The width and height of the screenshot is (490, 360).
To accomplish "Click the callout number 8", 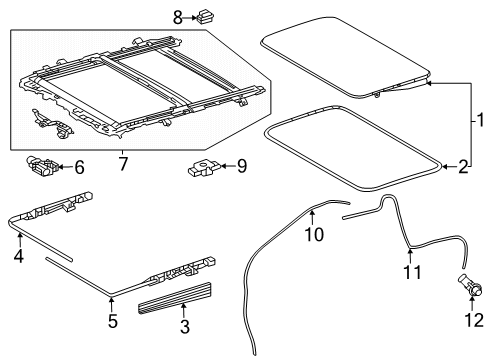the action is tap(178, 17).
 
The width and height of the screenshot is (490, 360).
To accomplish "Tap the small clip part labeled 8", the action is tap(205, 17).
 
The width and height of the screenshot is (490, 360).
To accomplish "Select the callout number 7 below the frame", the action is tap(123, 164).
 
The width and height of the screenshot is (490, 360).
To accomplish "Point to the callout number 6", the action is tap(79, 167).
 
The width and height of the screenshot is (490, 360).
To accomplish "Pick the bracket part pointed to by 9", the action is tap(203, 168).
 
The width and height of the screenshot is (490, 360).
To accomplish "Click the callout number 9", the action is tap(242, 166).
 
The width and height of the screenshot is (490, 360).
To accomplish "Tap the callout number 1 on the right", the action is tap(480, 120).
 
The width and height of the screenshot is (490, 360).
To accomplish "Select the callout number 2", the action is tap(463, 167).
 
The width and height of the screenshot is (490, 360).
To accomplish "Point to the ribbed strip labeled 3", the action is tap(174, 298).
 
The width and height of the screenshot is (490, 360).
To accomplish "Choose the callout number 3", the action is tap(185, 326).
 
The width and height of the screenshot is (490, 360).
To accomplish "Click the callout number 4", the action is tap(19, 256).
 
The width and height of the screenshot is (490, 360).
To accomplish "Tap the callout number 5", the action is tap(113, 321).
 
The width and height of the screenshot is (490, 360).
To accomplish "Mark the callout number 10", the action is tap(314, 234).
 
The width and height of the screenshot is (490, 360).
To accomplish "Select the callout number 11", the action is tap(412, 272).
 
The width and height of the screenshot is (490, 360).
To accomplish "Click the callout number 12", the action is tap(474, 320).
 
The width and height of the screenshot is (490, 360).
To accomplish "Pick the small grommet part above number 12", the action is tap(470, 284).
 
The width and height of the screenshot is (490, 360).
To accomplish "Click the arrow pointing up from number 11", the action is tap(410, 255).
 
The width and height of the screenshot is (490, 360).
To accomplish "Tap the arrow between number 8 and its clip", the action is tap(190, 18).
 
